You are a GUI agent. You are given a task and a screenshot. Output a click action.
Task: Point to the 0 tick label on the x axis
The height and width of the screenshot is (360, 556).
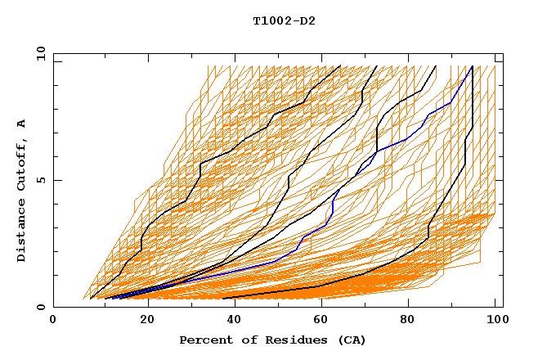[53, 322]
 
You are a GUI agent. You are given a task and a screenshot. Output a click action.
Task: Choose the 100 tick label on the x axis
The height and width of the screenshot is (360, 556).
[495, 322]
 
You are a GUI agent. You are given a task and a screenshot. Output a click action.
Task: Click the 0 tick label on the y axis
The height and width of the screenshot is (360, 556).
[40, 308]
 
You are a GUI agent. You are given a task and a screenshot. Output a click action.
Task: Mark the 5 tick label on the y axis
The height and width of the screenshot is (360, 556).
[40, 180]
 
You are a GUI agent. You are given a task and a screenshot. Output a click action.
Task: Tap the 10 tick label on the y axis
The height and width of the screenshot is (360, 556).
[37, 53]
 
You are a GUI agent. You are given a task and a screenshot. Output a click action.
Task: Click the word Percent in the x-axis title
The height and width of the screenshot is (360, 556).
[204, 340]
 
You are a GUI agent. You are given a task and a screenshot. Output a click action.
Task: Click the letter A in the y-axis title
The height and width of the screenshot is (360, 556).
[21, 124]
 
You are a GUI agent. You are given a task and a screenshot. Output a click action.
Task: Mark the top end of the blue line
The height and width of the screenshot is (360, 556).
[472, 66]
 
